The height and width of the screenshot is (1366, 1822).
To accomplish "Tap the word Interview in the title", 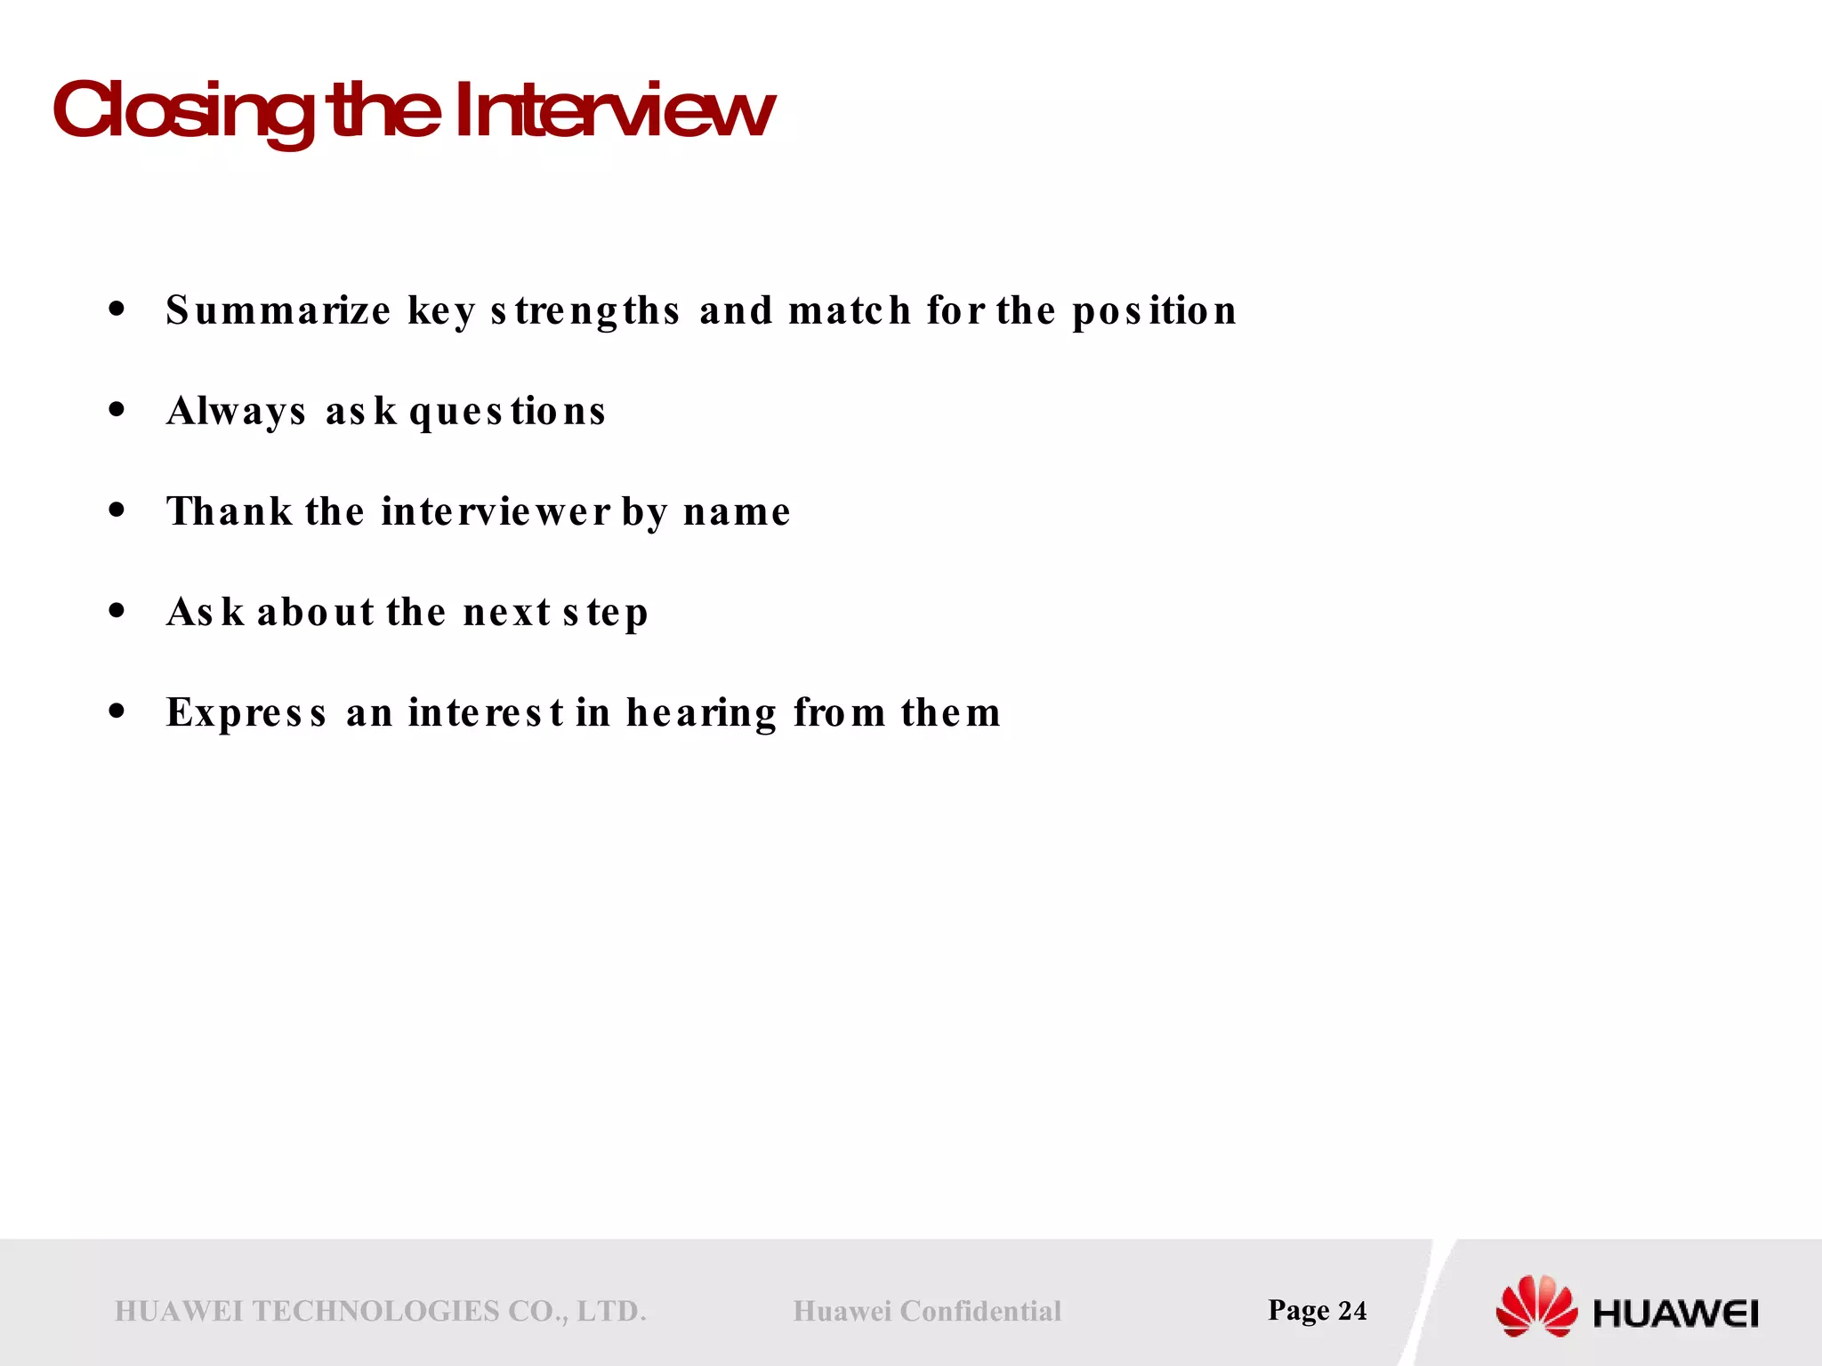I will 614,111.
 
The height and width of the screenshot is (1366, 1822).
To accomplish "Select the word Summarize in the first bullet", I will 278,311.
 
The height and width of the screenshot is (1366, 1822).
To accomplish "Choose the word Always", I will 236,413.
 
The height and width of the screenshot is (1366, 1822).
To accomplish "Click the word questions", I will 507,413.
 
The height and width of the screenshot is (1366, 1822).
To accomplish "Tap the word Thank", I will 230,511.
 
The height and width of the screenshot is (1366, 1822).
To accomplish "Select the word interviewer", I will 496,512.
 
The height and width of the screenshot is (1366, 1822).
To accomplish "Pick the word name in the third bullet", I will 737,513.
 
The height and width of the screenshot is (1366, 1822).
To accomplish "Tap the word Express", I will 246,713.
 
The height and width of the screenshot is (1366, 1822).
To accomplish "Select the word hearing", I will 702,714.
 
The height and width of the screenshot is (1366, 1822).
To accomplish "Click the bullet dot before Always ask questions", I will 117,410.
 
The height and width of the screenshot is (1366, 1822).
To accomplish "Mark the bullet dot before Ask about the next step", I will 117,611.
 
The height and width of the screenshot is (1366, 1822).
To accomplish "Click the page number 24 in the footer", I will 1352,1310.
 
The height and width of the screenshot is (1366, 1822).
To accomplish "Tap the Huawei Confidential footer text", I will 927,1311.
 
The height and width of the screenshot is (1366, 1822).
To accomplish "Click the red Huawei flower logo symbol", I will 1536,1306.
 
